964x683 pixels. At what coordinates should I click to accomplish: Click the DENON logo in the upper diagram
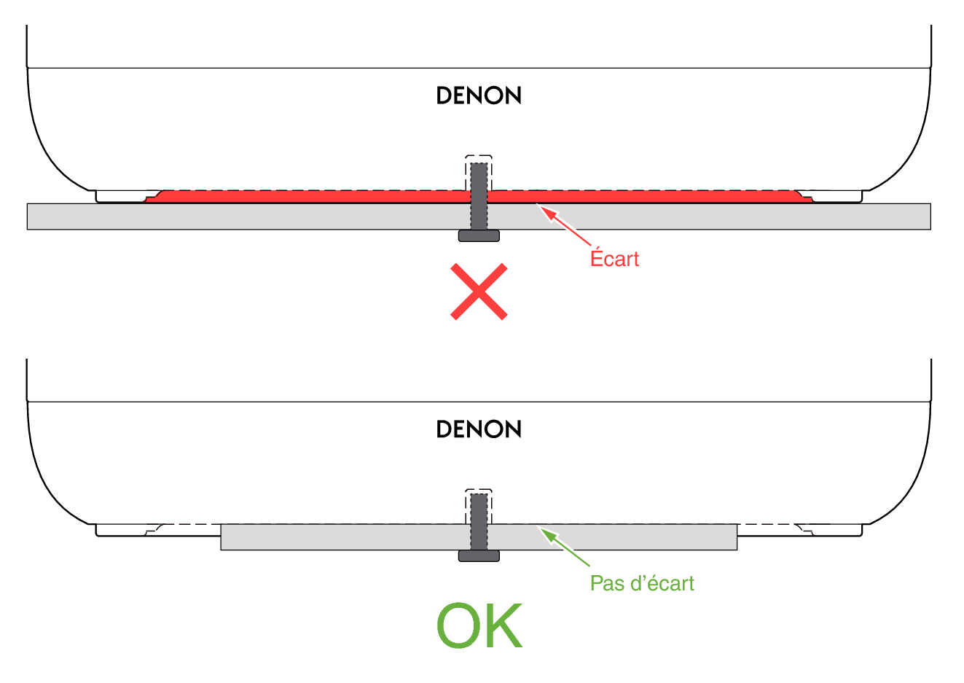pyautogui.click(x=479, y=95)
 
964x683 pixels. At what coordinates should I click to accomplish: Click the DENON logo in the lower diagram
pyautogui.click(x=479, y=429)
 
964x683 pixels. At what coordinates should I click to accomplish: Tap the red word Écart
pyautogui.click(x=614, y=259)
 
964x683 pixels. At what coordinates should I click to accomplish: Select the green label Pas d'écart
pyautogui.click(x=642, y=584)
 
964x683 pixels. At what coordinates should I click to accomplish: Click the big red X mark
pyautogui.click(x=479, y=292)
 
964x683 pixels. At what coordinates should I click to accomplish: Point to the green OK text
pyautogui.click(x=479, y=625)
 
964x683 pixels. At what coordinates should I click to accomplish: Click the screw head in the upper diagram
pyautogui.click(x=479, y=235)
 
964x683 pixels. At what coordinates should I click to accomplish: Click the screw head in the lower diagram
pyautogui.click(x=479, y=556)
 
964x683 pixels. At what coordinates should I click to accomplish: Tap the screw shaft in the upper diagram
pyautogui.click(x=479, y=196)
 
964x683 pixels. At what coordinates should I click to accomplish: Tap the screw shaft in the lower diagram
pyautogui.click(x=479, y=522)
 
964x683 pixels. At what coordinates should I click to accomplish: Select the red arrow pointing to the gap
pyautogui.click(x=565, y=226)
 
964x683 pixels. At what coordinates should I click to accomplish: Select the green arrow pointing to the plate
pyautogui.click(x=565, y=547)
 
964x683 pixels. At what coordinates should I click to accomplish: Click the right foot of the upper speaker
pyautogui.click(x=830, y=196)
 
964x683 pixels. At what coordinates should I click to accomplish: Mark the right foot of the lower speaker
pyautogui.click(x=830, y=530)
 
